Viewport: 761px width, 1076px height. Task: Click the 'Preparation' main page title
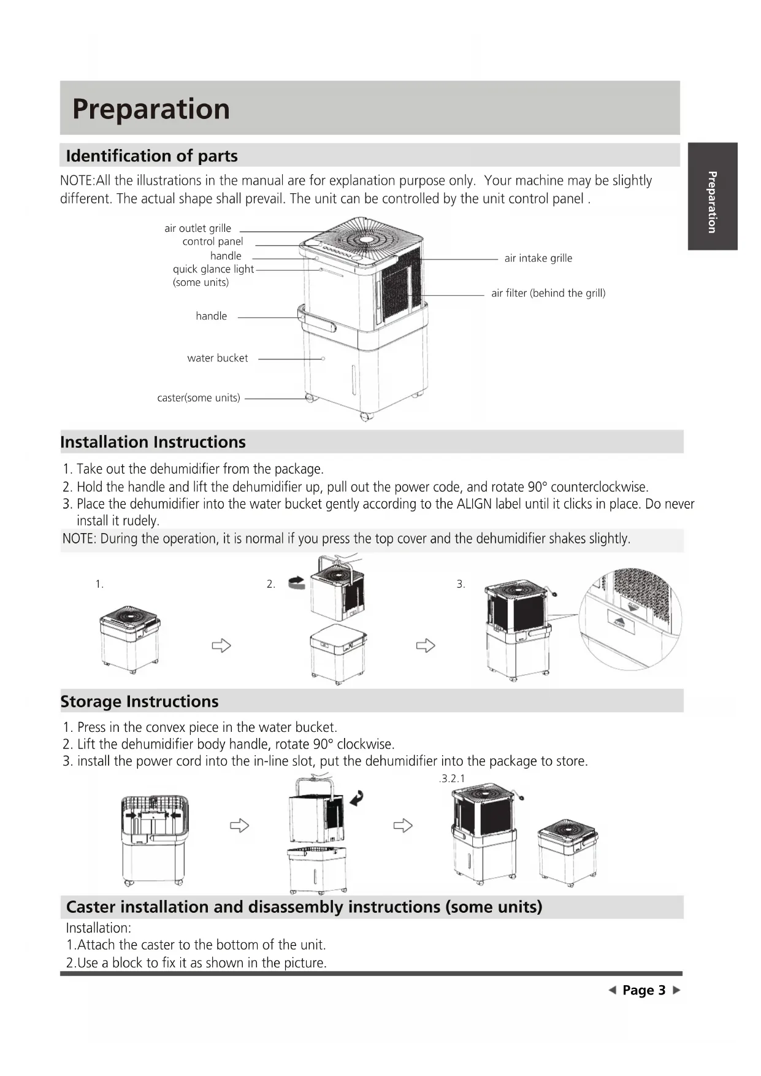[151, 109]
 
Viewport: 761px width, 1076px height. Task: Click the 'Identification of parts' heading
[151, 156]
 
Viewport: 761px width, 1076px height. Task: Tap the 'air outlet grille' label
[197, 228]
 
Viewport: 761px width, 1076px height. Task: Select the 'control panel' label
[212, 242]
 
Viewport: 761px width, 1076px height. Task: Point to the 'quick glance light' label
[213, 269]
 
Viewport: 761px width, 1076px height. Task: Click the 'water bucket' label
[217, 358]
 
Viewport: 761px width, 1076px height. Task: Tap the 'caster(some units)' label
[198, 398]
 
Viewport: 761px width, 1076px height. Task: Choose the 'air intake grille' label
[538, 258]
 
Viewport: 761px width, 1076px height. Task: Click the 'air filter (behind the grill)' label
[548, 293]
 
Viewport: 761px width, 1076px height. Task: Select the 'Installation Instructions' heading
[153, 442]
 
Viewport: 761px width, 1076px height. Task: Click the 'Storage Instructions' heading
[139, 701]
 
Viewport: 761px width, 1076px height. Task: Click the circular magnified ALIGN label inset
[630, 619]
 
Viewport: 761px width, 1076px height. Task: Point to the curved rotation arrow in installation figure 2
[297, 583]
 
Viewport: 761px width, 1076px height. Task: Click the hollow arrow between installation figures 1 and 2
[221, 645]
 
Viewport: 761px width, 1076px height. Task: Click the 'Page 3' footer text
[643, 990]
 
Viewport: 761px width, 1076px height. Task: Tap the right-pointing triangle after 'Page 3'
[676, 990]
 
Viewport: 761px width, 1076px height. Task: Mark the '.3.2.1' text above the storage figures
[452, 778]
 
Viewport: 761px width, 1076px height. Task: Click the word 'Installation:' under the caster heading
[98, 928]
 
